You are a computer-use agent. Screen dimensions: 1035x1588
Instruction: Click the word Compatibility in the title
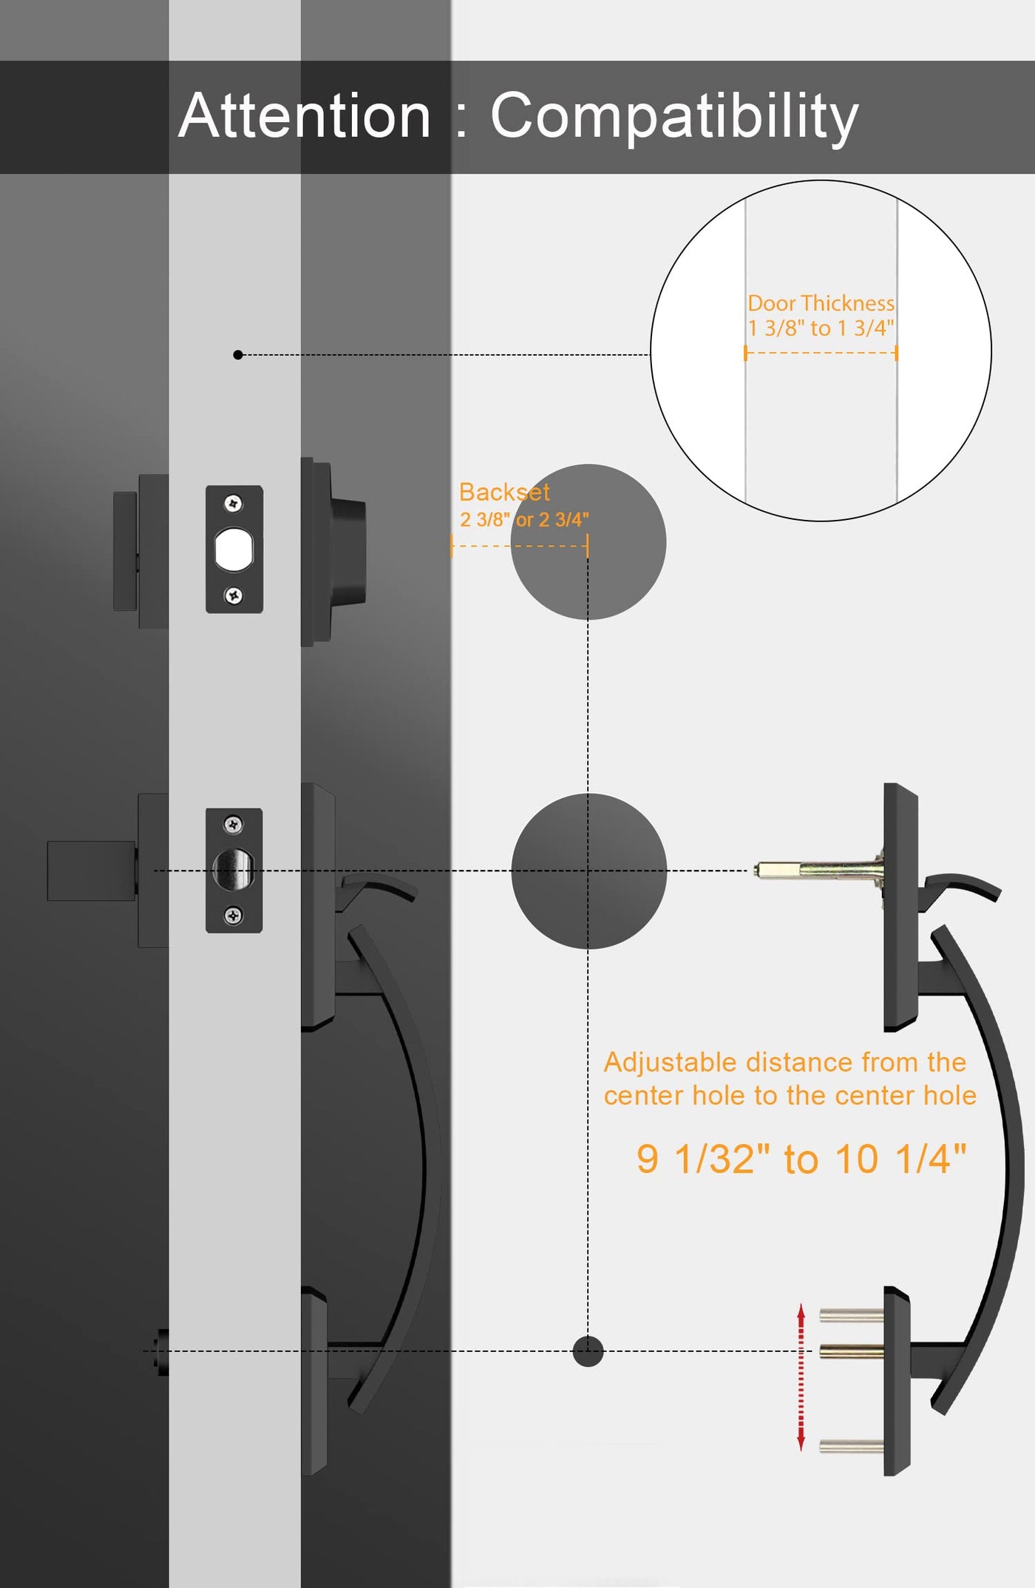point(674,117)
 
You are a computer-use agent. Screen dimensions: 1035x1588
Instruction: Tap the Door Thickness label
point(821,303)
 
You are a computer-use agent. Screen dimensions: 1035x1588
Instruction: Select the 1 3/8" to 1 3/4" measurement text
point(821,328)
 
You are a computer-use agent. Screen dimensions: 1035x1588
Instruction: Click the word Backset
point(504,492)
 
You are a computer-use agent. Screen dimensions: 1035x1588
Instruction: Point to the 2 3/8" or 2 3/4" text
point(524,519)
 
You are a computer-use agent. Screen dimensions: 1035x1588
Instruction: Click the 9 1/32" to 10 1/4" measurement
point(801,1158)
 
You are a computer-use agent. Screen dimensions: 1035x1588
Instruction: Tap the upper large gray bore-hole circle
point(588,542)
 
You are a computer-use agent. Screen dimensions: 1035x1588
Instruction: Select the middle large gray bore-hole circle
point(588,871)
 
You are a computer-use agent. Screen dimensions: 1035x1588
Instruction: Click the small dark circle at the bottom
point(588,1351)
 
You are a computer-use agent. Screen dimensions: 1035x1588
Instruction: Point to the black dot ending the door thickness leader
point(238,355)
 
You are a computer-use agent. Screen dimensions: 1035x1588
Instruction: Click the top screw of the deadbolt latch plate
point(234,504)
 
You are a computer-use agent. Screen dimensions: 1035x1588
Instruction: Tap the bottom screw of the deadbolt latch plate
point(234,595)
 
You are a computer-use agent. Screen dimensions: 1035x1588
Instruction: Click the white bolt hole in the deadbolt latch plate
point(234,550)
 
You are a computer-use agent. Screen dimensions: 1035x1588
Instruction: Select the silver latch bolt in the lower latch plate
point(234,869)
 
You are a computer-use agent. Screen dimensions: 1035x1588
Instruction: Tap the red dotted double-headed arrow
point(801,1377)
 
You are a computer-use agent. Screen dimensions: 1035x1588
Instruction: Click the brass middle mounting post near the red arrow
point(852,1352)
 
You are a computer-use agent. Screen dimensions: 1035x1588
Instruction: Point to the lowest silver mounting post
point(852,1446)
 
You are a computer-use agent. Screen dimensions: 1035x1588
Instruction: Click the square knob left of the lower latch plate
point(92,871)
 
